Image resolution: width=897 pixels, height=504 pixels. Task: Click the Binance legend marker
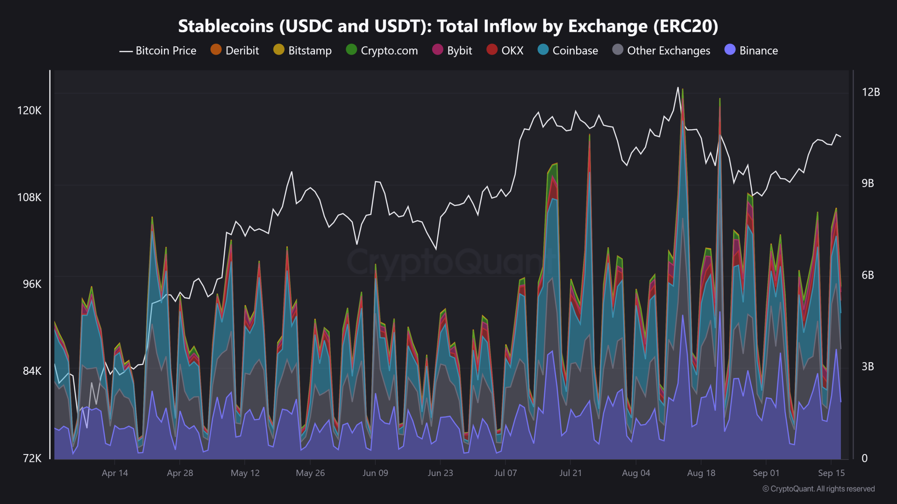(730, 49)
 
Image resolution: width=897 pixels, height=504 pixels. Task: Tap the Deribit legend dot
(216, 49)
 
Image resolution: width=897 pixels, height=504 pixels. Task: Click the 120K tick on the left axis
(29, 111)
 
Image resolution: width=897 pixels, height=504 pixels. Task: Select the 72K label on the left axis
(32, 458)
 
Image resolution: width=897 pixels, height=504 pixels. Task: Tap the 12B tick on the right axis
(870, 92)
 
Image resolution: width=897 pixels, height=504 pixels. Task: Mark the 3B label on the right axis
(868, 366)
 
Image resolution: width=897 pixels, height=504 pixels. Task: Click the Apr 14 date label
(115, 473)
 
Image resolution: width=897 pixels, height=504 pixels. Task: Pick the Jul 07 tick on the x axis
(505, 473)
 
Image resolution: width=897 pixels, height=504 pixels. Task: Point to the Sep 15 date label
(831, 473)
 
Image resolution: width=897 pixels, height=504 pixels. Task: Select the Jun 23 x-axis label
(440, 473)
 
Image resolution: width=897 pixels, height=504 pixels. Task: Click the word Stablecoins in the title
(226, 26)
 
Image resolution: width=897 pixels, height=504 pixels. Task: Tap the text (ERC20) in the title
(685, 26)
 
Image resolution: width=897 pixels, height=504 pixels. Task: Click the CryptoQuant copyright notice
(819, 489)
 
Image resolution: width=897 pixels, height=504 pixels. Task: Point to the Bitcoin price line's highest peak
(677, 87)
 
